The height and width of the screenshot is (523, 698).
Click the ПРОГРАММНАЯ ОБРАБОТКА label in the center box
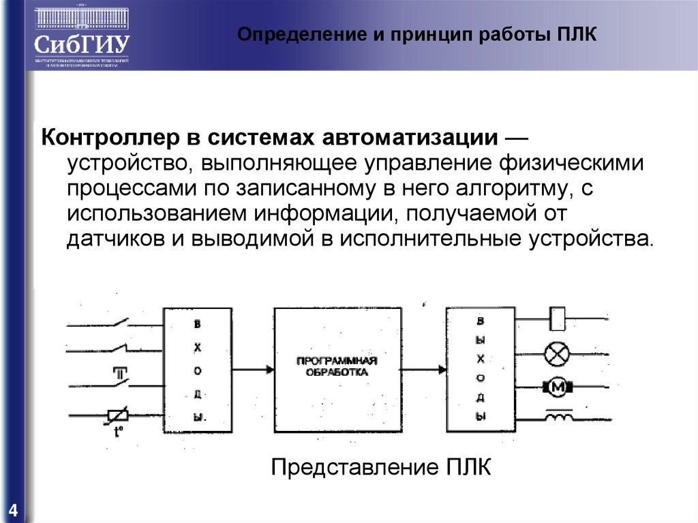pos(337,367)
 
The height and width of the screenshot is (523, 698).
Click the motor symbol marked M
pos(558,387)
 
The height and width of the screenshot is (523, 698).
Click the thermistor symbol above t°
pos(117,414)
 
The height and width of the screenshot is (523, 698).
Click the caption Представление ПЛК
pos(381,469)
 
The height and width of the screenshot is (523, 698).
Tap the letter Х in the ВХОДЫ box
pos(198,348)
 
